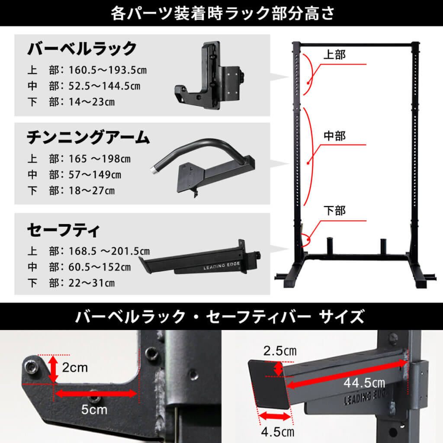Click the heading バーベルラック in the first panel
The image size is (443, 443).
tap(82, 49)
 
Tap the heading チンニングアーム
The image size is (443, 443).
tap(88, 138)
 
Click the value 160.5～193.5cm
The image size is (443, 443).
tap(105, 71)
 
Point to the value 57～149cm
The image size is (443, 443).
tap(95, 175)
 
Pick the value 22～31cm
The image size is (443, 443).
tap(92, 283)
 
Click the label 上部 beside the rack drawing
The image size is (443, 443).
tap(335, 55)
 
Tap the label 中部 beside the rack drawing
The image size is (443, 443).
tap(335, 135)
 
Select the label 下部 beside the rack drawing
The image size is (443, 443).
tap(335, 211)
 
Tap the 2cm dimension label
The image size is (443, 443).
tap(75, 368)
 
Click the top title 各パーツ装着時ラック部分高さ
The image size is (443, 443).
tap(221, 13)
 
